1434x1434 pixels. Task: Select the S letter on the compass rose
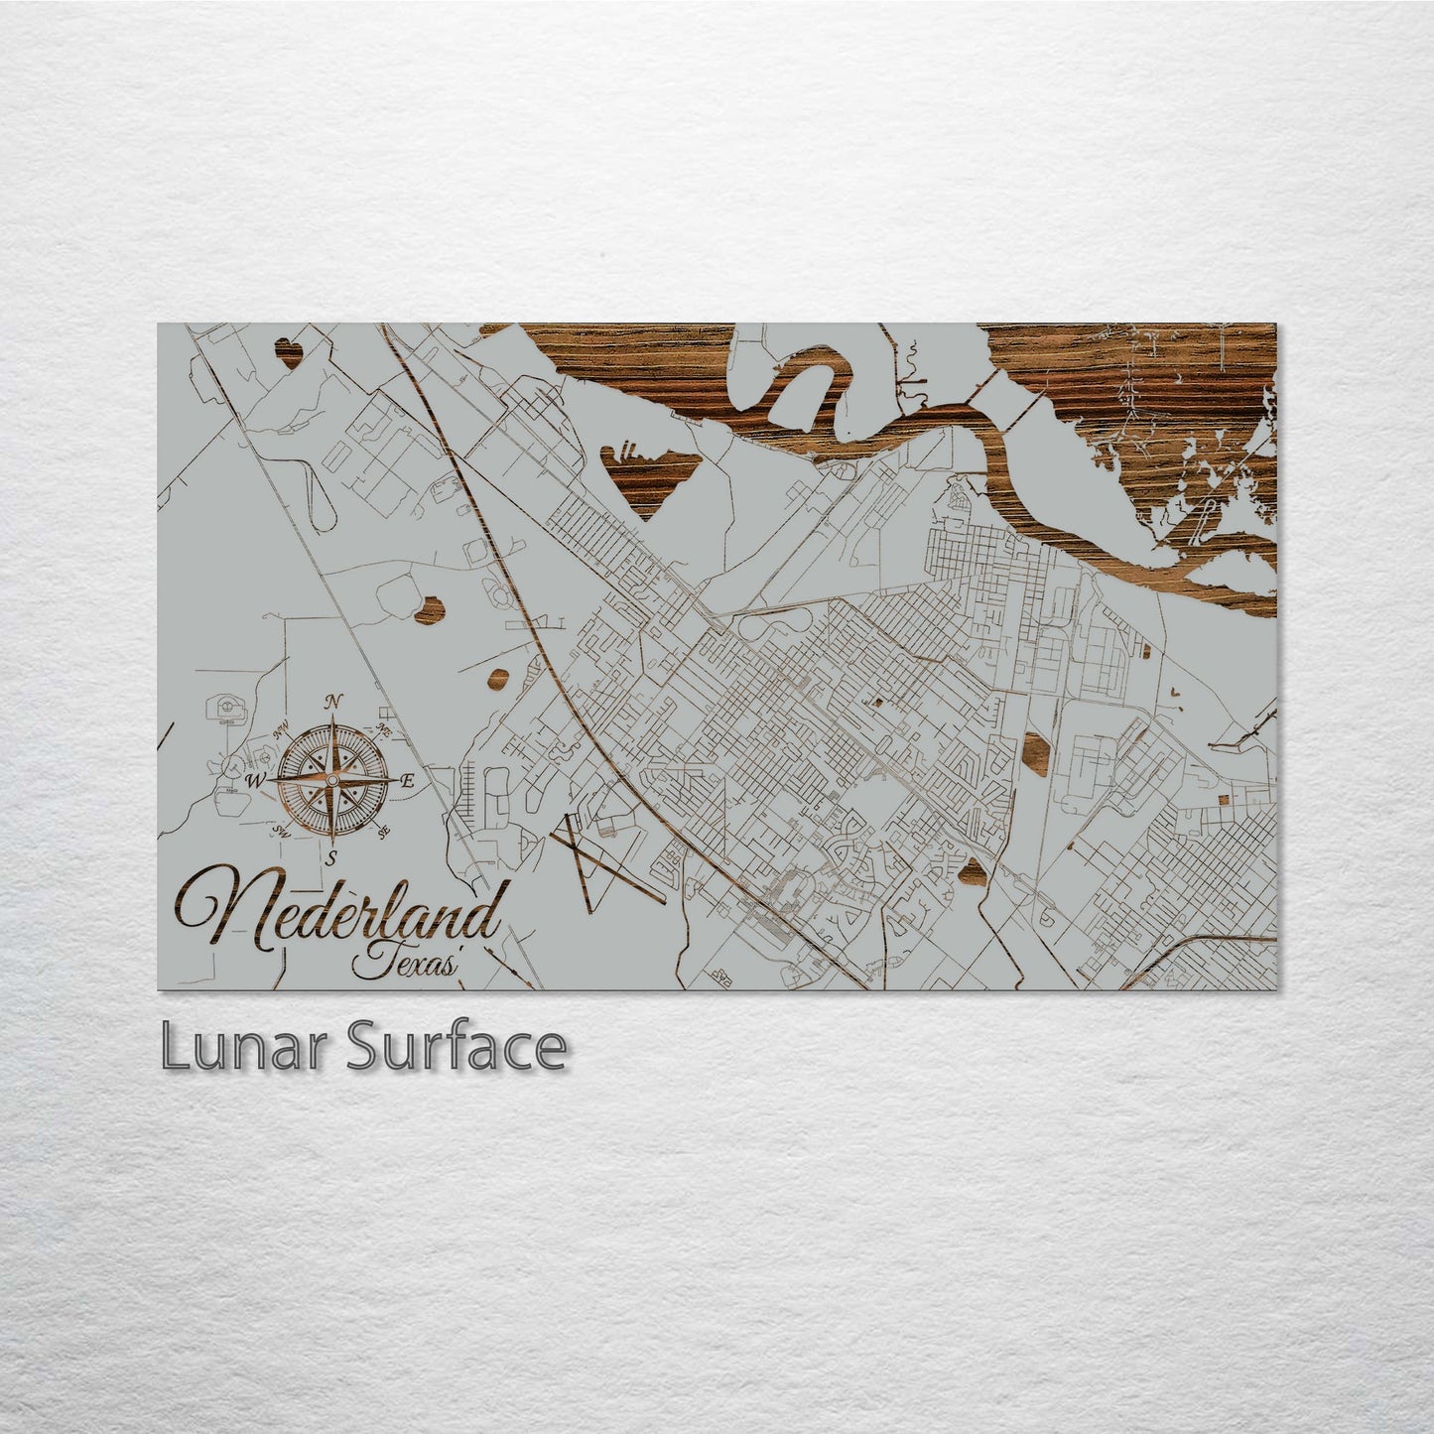[x=331, y=857]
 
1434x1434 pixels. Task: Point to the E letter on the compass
[x=407, y=781]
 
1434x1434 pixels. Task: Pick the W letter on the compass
[x=255, y=781]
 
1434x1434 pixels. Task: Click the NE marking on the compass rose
[x=383, y=730]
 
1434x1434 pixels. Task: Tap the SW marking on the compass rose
[x=282, y=832]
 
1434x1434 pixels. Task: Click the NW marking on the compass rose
[x=282, y=731]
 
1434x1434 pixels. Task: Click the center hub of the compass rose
[x=331, y=781]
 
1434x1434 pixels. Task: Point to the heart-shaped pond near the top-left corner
[x=289, y=353]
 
